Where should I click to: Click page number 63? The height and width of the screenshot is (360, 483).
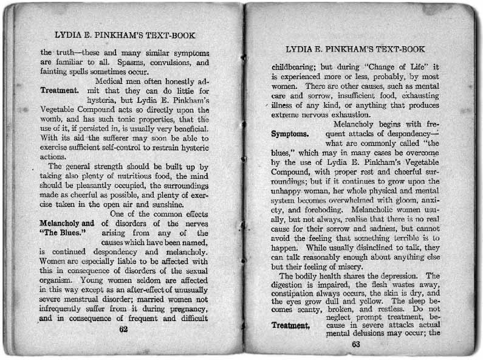click(355, 344)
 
